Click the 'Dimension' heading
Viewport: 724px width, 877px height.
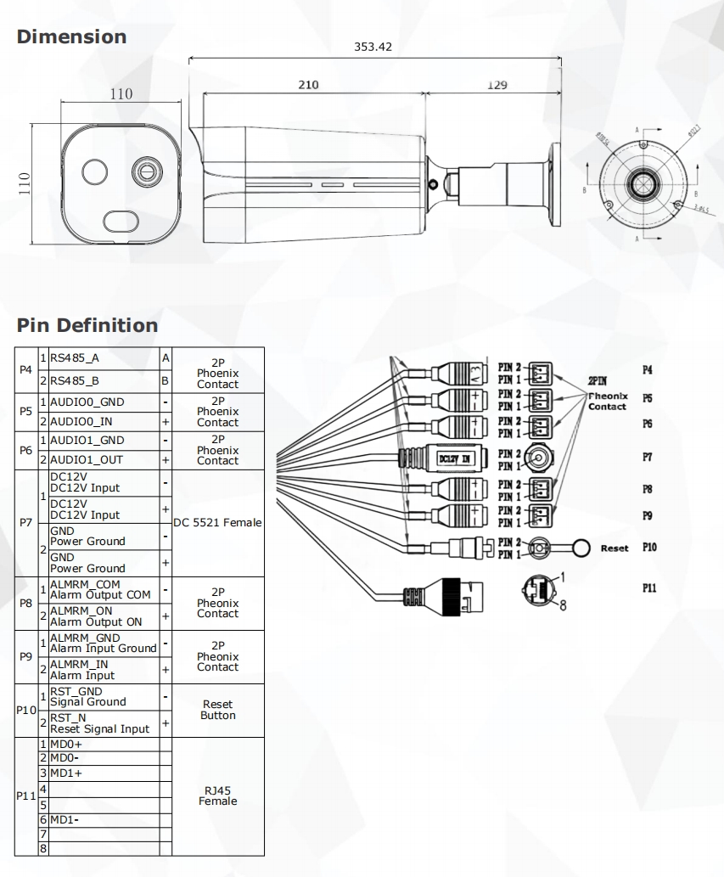click(71, 37)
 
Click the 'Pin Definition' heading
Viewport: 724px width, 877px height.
click(87, 325)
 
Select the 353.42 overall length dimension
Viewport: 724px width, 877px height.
click(373, 47)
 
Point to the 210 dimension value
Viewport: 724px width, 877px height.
click(308, 85)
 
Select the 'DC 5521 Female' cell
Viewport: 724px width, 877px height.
click(217, 523)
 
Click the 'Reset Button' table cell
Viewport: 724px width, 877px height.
click(217, 710)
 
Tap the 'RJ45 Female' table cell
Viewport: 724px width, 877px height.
click(217, 795)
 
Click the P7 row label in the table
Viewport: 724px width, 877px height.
click(25, 523)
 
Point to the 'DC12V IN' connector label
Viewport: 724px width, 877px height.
click(455, 459)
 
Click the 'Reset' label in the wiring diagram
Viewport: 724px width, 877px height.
click(615, 548)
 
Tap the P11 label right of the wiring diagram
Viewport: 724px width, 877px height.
click(649, 587)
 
